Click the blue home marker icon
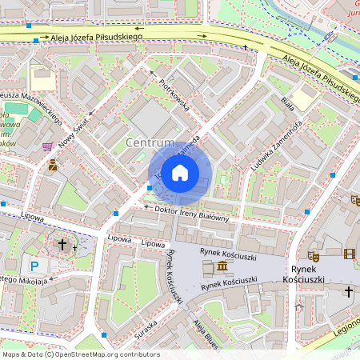point(180,173)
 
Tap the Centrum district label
point(150,142)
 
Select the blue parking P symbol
point(34,266)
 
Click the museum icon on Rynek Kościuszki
point(221,266)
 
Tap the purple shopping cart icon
point(48,147)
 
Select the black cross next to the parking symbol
point(62,244)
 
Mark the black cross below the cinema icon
point(349,292)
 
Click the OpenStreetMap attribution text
point(80,354)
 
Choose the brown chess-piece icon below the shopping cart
point(52,166)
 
